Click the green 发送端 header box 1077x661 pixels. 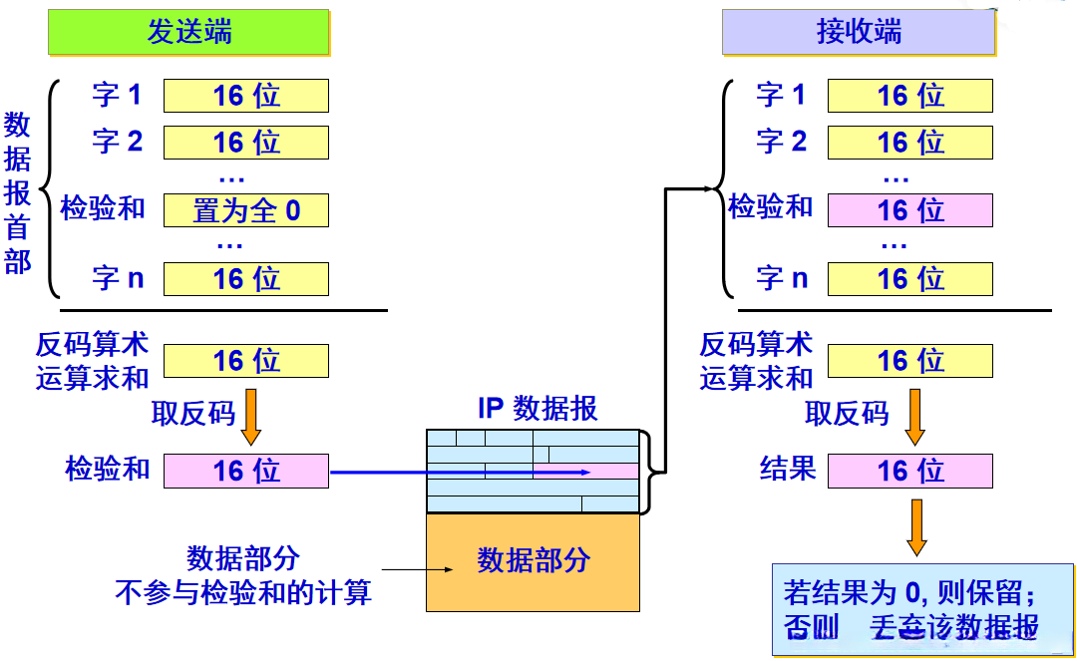[x=188, y=32]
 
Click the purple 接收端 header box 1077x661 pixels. [x=859, y=32]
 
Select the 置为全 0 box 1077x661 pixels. [x=245, y=210]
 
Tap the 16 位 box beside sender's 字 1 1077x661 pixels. [x=245, y=96]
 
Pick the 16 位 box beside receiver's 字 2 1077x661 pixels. [x=909, y=142]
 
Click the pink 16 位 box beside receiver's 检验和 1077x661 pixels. [x=909, y=210]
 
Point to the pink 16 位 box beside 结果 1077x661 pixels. [x=909, y=471]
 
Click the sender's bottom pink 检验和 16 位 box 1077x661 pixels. [x=245, y=471]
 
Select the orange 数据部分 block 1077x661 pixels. [x=533, y=561]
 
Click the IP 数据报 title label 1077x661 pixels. [x=538, y=409]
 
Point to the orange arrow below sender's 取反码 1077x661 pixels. [x=251, y=421]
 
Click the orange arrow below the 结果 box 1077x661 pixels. [x=915, y=526]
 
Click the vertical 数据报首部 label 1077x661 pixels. [x=18, y=193]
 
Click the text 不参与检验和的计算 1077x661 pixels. [x=243, y=594]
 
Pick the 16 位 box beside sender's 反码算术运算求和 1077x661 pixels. [x=245, y=361]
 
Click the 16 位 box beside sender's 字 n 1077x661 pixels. [x=245, y=279]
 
